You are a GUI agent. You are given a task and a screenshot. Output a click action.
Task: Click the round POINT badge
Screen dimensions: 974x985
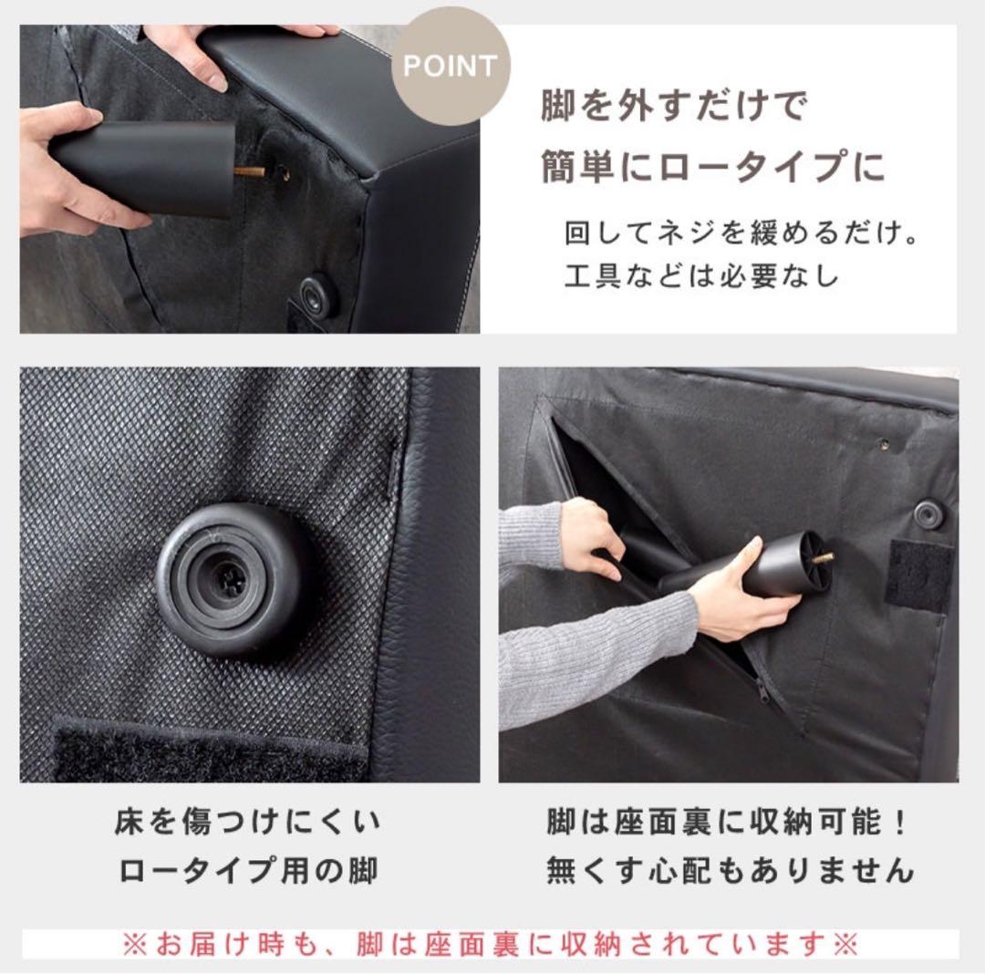tap(451, 66)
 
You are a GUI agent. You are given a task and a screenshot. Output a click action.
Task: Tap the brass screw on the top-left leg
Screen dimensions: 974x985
tap(248, 171)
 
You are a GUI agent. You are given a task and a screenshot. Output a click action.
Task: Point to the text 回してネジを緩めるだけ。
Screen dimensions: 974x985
tap(741, 233)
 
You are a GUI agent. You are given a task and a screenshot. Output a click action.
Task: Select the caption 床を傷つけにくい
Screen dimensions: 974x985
tap(247, 824)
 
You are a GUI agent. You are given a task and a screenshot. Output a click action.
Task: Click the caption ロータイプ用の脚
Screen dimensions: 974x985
tap(247, 872)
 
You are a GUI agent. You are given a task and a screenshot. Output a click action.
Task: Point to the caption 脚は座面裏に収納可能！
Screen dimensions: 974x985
tap(728, 824)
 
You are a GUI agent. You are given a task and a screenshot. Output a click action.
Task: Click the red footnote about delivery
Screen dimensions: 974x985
tap(491, 944)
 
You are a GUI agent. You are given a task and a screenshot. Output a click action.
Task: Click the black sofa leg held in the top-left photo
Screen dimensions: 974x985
tap(146, 169)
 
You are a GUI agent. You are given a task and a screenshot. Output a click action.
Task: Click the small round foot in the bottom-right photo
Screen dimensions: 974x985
tap(929, 513)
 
